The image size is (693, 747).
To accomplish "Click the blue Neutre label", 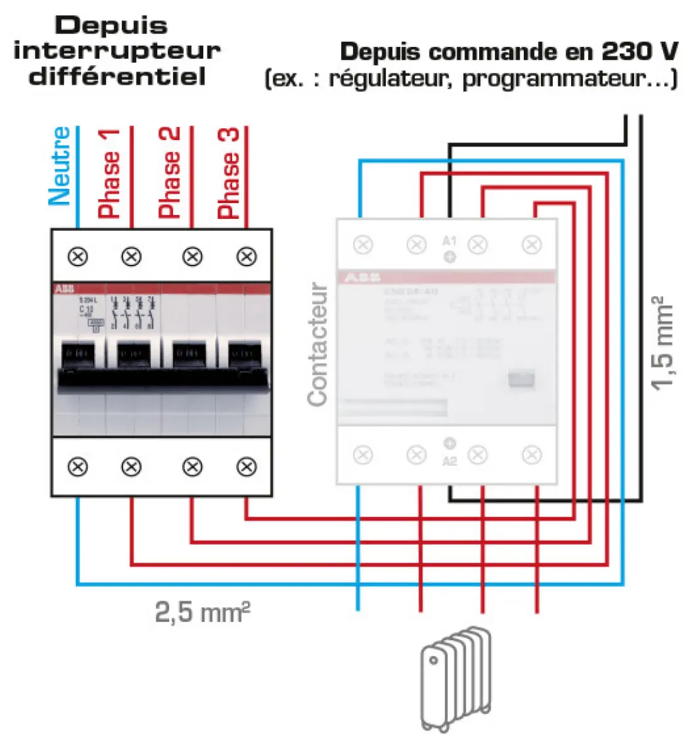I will tap(60, 166).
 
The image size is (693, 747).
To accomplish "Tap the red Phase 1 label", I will tap(109, 173).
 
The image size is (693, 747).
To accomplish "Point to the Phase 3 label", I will tap(229, 173).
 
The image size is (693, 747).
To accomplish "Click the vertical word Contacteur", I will tap(318, 344).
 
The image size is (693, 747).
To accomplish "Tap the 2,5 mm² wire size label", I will tap(202, 612).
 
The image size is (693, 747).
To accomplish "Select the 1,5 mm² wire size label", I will tap(663, 343).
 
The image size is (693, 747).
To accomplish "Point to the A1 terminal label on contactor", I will tap(449, 241).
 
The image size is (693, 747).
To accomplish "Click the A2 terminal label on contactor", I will tap(449, 462).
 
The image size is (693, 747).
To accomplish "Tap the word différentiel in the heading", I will tap(118, 77).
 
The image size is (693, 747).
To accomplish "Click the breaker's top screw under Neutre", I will tap(77, 256).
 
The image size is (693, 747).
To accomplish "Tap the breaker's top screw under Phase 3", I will tap(246, 256).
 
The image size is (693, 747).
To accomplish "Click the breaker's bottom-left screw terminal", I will tap(77, 467).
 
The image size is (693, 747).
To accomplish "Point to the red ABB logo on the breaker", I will tap(64, 288).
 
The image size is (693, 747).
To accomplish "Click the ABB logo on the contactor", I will tap(363, 277).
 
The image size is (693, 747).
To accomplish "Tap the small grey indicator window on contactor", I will tap(522, 379).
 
